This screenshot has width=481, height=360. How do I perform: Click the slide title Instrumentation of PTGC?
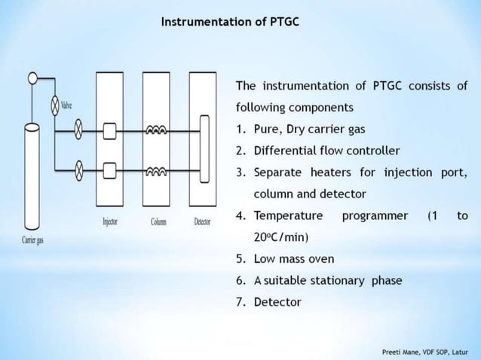pos(229,21)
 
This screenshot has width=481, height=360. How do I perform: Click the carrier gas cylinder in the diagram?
pos(32,177)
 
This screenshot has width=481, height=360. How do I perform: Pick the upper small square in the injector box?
pos(109,133)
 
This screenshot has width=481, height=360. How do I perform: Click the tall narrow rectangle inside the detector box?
pos(203,150)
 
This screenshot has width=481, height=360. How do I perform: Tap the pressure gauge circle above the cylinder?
pos(32,77)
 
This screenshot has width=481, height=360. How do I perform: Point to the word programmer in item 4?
pos(375,215)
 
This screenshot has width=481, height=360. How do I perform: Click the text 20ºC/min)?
pos(281,237)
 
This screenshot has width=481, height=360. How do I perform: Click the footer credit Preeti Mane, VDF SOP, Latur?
pos(425,351)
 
